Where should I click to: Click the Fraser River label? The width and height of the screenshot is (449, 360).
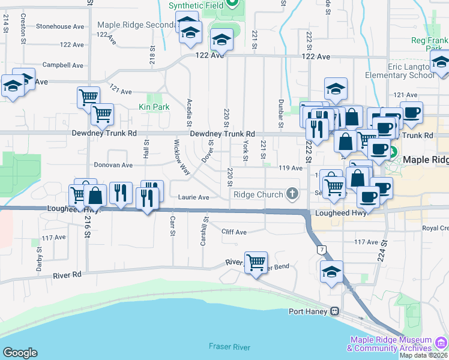coord(229,347)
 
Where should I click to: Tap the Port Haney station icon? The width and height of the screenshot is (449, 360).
coord(334,311)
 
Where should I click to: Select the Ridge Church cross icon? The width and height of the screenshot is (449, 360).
coord(292,194)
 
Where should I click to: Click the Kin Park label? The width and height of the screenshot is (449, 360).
coord(154,107)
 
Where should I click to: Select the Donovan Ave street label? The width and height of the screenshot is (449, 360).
coord(113,164)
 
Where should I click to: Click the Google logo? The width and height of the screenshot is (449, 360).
coord(20,353)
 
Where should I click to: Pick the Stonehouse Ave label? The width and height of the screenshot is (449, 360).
coord(60,26)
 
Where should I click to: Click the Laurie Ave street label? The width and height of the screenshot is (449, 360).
coord(193,197)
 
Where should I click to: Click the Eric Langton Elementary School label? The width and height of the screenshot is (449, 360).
coord(400,71)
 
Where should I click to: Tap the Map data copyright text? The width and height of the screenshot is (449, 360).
coord(423,355)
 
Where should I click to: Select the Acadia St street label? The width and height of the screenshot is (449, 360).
coord(190,112)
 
